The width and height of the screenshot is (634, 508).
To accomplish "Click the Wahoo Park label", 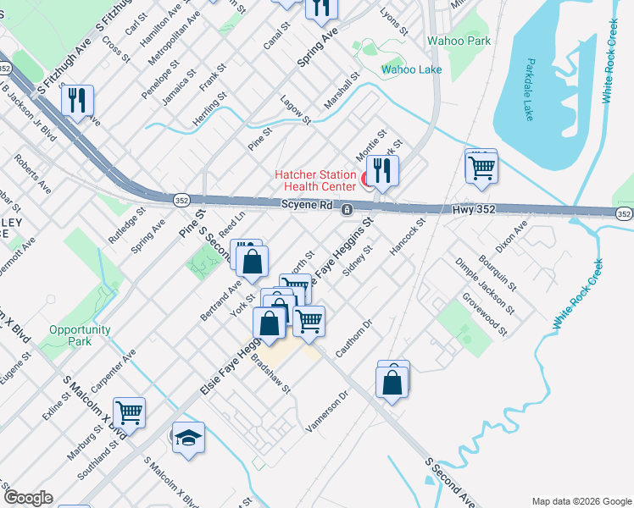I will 459,41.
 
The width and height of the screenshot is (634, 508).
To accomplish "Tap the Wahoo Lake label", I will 411,69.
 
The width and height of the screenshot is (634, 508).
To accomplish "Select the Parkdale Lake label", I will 529,89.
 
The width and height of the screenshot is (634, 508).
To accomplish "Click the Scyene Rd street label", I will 307,205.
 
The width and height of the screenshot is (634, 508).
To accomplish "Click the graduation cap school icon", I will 189,438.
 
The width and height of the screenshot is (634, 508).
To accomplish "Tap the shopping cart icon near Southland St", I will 130,414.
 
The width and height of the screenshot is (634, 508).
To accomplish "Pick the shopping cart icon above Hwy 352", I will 481,167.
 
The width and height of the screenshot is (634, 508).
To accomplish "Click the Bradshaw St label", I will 270,373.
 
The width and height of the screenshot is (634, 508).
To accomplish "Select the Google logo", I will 28,498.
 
